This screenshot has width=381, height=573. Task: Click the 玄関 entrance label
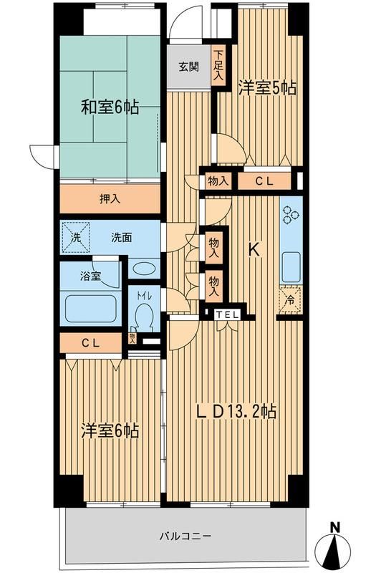[x=189, y=67]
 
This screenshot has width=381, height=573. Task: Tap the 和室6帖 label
[x=110, y=107]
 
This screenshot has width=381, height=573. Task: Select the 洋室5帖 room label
[x=267, y=88]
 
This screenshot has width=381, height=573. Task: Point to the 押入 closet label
[x=110, y=199]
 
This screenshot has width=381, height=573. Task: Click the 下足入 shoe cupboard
[x=218, y=65]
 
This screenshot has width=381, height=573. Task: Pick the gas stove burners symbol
[x=291, y=214]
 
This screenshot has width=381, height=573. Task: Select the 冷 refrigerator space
[x=291, y=300]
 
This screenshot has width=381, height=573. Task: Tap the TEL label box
[x=227, y=314]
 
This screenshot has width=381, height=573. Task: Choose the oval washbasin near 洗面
[x=144, y=269]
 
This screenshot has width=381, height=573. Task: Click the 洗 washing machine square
[x=75, y=238]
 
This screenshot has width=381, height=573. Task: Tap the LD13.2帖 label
[x=236, y=413]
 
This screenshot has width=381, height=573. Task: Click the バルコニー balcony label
[x=185, y=536]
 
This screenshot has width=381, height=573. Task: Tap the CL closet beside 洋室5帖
[x=264, y=182]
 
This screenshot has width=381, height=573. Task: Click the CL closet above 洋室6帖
[x=90, y=343]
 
